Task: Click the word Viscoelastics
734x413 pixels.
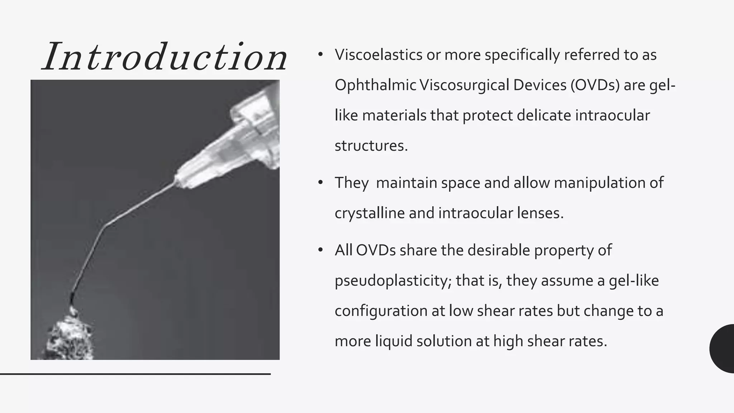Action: pos(378,55)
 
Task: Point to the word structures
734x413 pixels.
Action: pos(371,146)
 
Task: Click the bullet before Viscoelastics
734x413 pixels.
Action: pos(320,55)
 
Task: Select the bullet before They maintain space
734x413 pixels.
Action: pos(320,183)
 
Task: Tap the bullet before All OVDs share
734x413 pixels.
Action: pos(320,250)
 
